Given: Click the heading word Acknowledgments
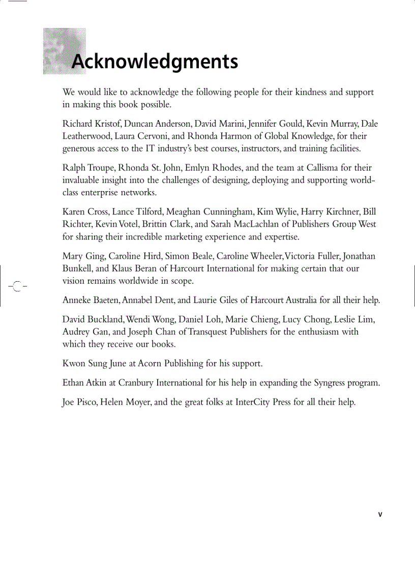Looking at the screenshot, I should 155,62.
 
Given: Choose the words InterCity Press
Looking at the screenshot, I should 262,402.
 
